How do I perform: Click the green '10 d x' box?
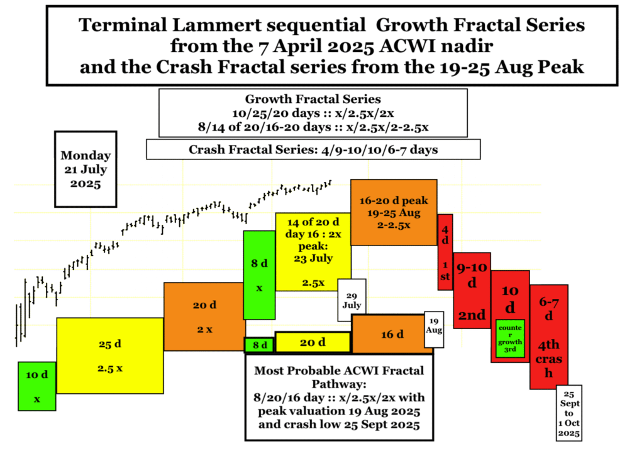[37, 386]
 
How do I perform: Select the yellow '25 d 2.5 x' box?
[110, 355]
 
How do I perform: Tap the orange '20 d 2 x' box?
[204, 316]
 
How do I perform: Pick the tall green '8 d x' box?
[259, 275]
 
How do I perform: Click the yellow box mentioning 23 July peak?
[313, 252]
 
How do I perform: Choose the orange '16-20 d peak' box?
[394, 212]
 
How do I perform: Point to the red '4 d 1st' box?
[445, 252]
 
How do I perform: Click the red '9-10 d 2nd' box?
[472, 290]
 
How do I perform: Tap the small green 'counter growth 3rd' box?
[510, 338]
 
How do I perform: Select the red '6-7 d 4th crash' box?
[548, 337]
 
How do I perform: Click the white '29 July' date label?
[352, 300]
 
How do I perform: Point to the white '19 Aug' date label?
[434, 329]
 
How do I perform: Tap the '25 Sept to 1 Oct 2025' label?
[569, 413]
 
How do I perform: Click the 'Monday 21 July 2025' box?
[86, 169]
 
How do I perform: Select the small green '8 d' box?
[260, 345]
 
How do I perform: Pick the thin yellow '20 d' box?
[313, 342]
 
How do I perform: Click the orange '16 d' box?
[392, 334]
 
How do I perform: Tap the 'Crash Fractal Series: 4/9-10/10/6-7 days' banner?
[313, 149]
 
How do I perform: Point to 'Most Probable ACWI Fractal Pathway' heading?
[339, 377]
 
